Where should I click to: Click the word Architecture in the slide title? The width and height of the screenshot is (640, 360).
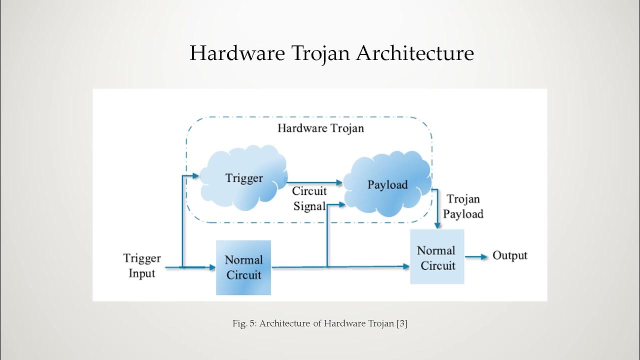414,53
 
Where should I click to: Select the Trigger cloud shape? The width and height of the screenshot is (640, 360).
244,178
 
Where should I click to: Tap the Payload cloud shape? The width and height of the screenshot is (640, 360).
387,185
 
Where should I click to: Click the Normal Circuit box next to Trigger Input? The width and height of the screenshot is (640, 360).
243,267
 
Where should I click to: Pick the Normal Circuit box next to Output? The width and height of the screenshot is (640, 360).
436,257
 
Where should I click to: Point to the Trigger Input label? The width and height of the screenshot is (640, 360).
142,265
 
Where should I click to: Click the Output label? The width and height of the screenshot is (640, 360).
509,255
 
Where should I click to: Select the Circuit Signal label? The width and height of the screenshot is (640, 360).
309,198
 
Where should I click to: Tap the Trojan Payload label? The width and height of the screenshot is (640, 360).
463,206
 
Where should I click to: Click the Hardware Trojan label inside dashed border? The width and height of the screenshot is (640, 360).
320,128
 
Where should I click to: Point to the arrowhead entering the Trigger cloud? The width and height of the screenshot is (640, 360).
196,175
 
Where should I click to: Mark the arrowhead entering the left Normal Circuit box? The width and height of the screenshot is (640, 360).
211,267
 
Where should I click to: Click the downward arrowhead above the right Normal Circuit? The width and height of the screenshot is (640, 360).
438,225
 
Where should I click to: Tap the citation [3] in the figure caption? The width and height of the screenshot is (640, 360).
401,323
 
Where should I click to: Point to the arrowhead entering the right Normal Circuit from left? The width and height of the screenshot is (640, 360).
406,267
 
